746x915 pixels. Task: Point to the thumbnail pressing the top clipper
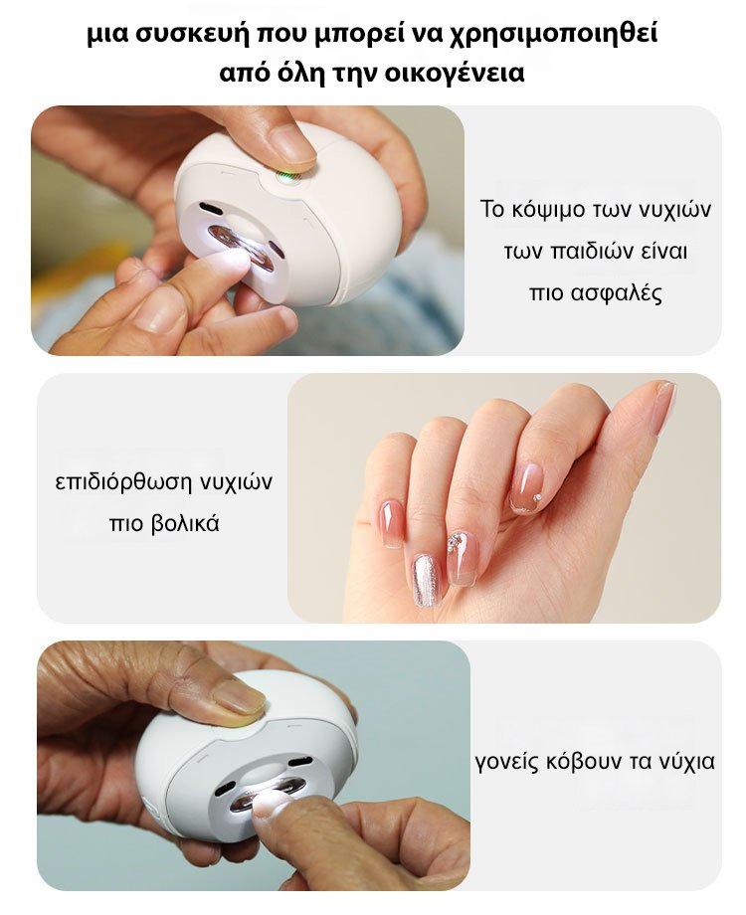(x=290, y=143)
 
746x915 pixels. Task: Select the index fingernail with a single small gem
(x=527, y=487)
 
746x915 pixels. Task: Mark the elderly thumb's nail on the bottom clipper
(x=239, y=696)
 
